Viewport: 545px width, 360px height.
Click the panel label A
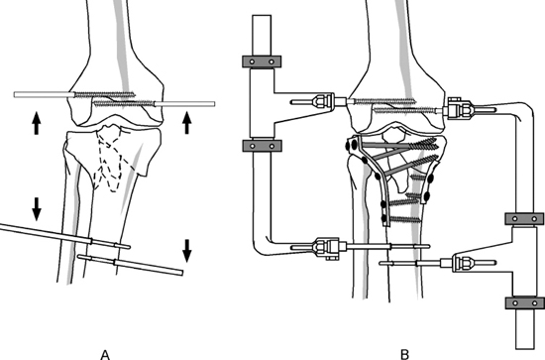tap(105, 355)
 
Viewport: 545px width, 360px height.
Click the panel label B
tap(404, 355)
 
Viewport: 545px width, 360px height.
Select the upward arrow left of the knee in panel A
tap(37, 123)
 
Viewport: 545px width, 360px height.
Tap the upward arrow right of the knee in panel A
tap(187, 123)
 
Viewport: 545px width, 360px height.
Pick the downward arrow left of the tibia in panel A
tap(37, 208)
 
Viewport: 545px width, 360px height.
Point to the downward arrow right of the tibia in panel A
tap(187, 251)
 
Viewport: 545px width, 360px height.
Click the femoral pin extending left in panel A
tap(74, 94)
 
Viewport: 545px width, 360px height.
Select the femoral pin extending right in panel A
tap(155, 103)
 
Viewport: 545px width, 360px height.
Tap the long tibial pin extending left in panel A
tap(65, 236)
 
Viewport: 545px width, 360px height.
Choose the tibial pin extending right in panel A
tap(131, 265)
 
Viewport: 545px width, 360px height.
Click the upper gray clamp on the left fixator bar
tap(262, 61)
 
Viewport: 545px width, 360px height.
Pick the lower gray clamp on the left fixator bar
tap(262, 146)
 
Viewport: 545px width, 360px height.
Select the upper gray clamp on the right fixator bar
tap(524, 219)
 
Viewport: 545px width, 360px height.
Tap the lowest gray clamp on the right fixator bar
tap(525, 302)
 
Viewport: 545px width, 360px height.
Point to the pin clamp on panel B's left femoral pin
tap(323, 101)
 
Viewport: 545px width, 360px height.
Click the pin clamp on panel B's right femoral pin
tap(460, 108)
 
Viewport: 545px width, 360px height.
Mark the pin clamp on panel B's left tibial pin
tap(326, 248)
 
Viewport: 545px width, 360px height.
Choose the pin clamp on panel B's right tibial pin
tap(464, 263)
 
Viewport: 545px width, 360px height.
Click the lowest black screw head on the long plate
tap(383, 218)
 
